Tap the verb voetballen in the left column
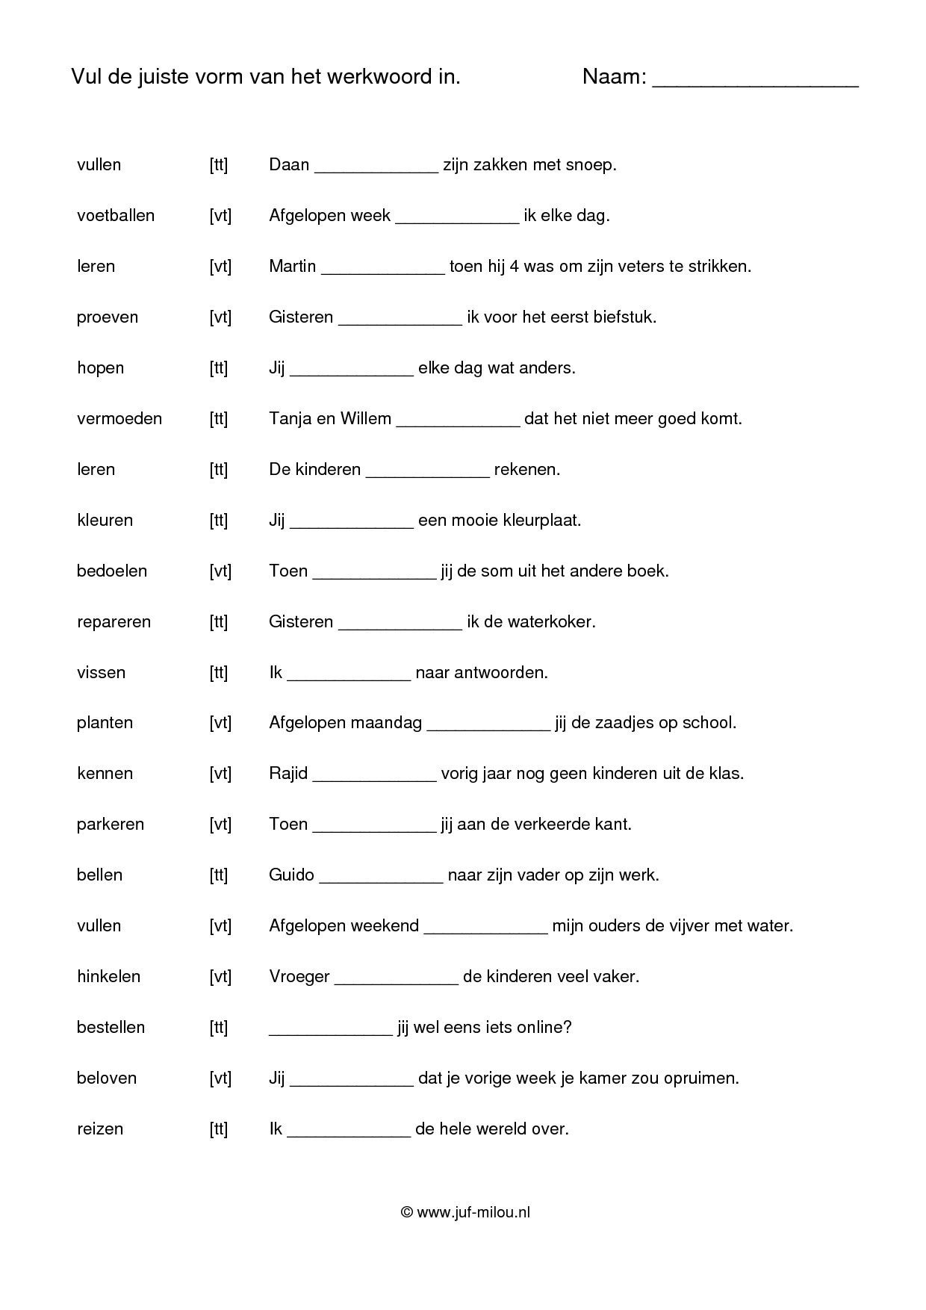coord(116,216)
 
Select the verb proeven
coord(108,317)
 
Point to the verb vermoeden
coord(119,419)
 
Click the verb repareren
coord(114,622)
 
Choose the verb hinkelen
coord(108,977)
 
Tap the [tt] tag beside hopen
coord(218,368)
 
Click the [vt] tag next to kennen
coord(220,774)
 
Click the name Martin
coord(292,267)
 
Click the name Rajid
coord(288,774)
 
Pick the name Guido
coord(291,875)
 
